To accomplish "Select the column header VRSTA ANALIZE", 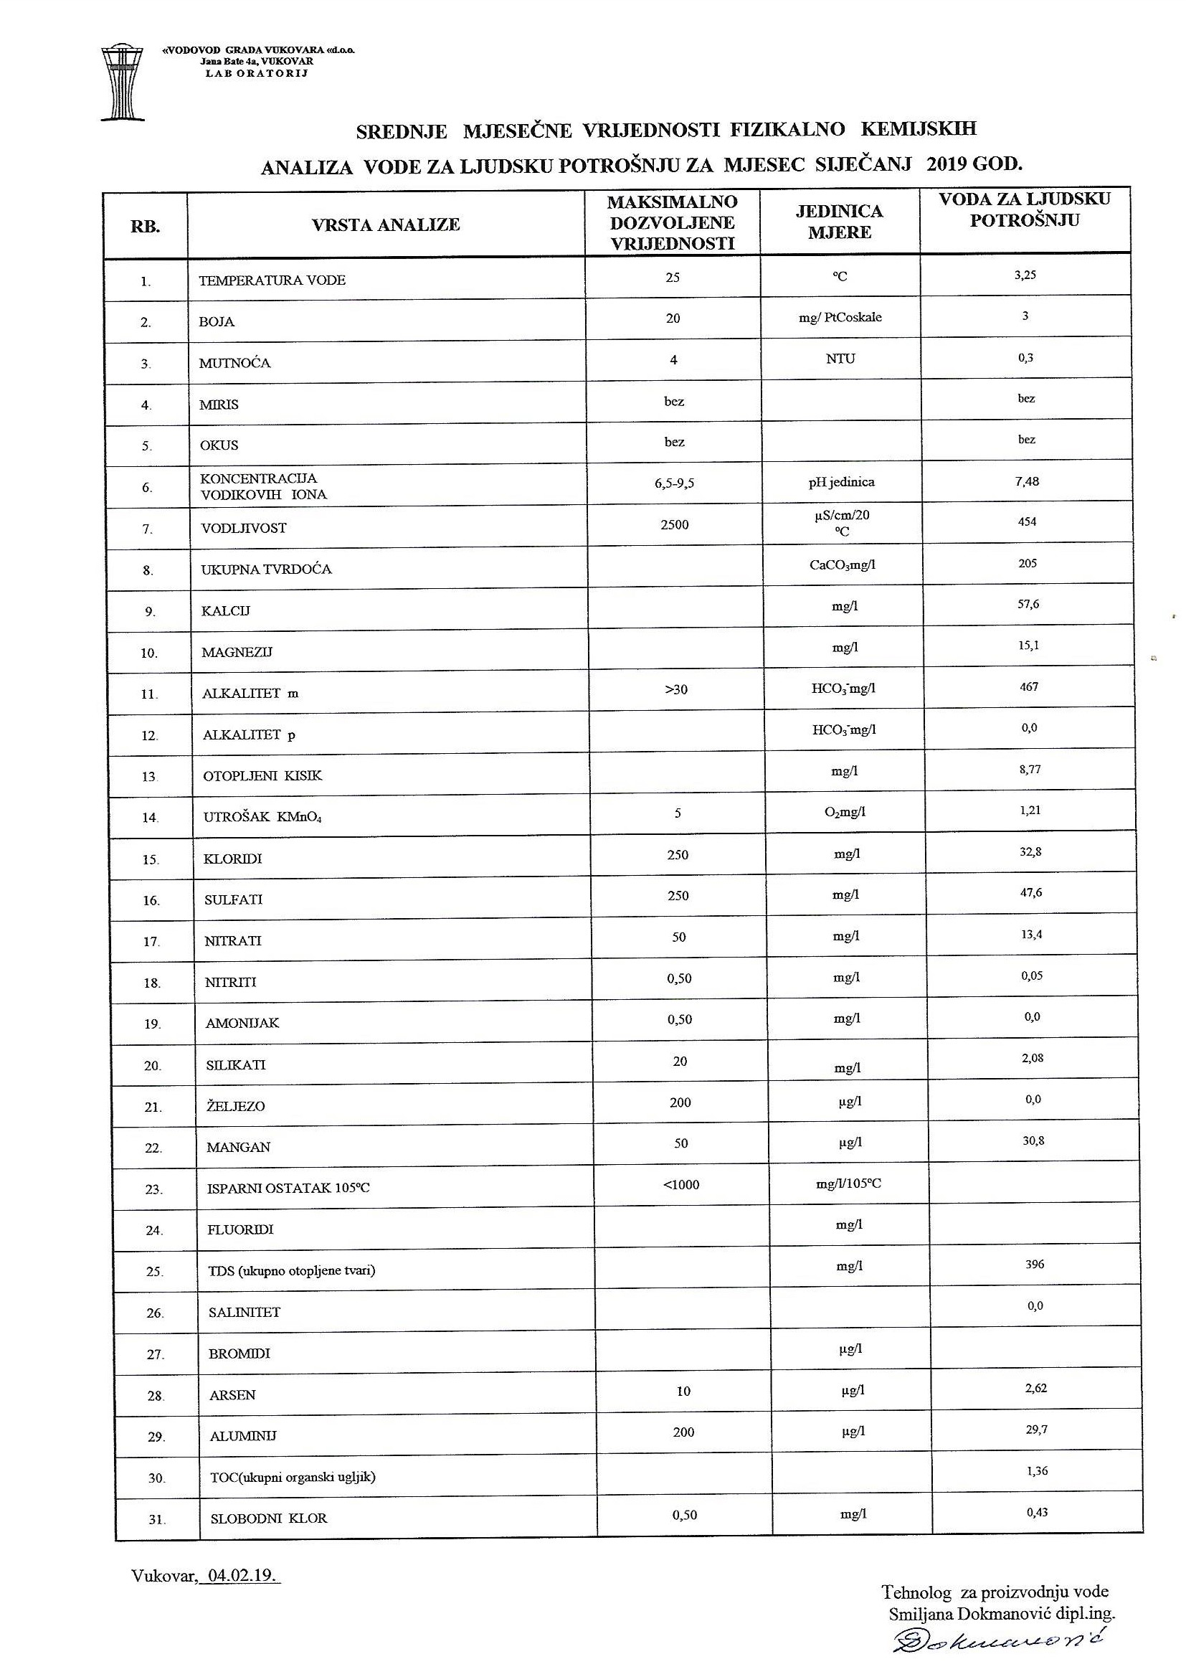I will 386,225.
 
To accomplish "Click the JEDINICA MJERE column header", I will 839,222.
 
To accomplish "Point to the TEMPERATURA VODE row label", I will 272,280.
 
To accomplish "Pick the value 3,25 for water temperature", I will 1025,275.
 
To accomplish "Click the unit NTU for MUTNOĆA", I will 840,359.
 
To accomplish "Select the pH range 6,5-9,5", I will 674,483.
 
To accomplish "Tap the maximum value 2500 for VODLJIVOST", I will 674,524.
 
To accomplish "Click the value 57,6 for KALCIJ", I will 1027,605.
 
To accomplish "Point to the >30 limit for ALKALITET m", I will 676,689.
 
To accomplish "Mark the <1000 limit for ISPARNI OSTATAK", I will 680,1185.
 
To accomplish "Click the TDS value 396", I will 1034,1265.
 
